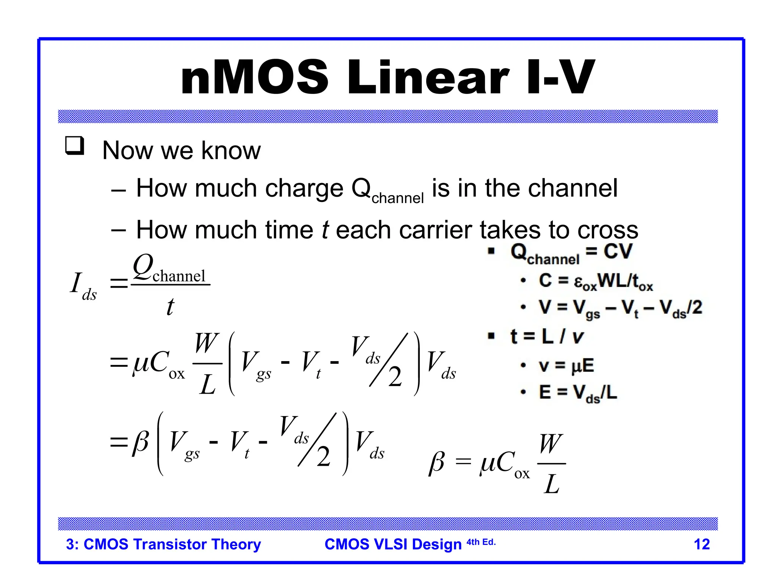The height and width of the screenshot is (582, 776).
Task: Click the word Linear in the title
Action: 428,78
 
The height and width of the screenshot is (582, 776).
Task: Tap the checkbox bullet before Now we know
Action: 74,145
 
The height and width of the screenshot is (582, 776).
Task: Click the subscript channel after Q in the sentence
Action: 397,198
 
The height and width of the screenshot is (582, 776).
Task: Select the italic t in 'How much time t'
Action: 325,230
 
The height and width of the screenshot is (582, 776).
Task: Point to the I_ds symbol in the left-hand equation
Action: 83,286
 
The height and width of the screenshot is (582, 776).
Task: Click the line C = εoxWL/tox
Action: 595,282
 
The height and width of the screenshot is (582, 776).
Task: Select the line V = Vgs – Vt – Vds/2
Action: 620,308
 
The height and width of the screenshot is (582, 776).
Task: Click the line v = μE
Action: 566,366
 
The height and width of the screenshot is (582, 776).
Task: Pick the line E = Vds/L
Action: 577,393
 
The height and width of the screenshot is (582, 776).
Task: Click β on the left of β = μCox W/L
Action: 436,463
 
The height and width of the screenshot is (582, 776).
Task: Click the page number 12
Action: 701,544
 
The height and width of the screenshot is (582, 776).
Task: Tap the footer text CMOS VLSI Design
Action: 393,544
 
